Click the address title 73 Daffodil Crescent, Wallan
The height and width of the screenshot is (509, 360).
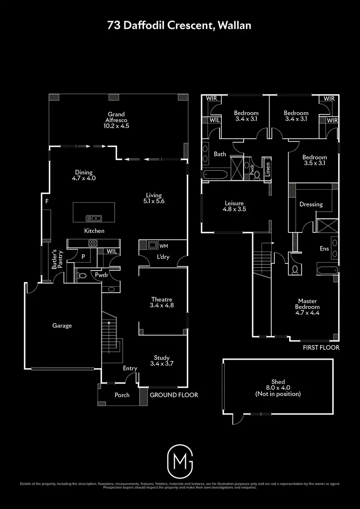180,25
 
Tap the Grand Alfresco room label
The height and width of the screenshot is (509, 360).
116,120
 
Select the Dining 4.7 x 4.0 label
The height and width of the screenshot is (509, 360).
84,175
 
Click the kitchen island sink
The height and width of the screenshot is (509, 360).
94,218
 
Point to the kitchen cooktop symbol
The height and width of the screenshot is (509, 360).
93,243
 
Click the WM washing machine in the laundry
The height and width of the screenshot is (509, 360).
152,245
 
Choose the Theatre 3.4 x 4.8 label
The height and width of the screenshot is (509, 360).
162,302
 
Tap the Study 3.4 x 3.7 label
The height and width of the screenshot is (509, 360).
162,360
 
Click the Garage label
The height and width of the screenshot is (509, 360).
62,326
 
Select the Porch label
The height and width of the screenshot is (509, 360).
122,395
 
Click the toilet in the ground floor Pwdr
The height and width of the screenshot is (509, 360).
82,275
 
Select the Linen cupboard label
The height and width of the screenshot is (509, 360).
267,170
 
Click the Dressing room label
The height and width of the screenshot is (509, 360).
311,204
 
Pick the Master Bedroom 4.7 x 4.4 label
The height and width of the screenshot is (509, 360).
308,307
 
